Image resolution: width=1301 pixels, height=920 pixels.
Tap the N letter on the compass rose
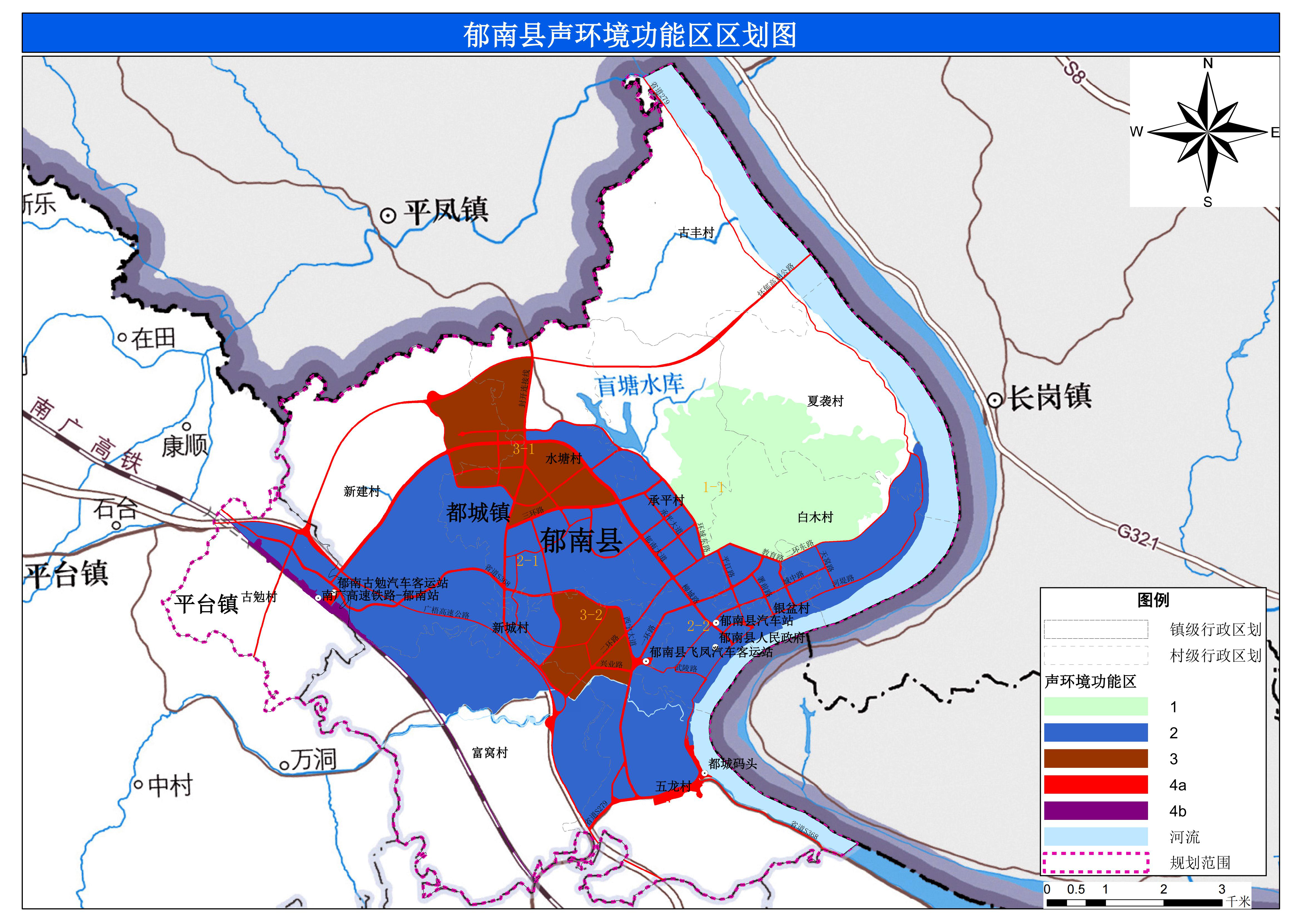[x=1208, y=63]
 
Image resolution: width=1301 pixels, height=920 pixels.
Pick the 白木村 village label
[x=815, y=517]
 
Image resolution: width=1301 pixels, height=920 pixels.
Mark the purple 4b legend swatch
[x=1095, y=811]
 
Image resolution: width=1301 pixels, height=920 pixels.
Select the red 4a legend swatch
[x=1095, y=785]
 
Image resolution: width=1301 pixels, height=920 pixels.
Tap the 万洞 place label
[x=313, y=759]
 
